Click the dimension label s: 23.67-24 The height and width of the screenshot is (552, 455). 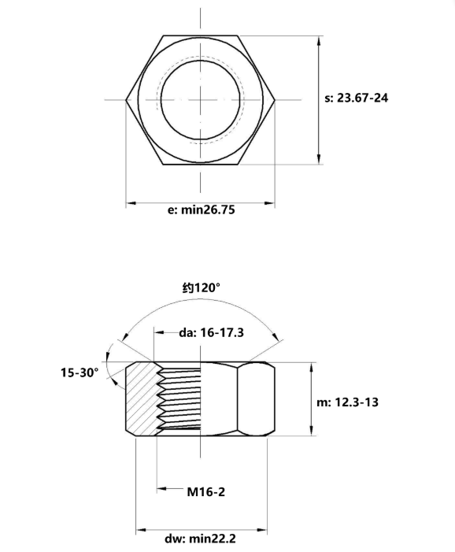356,98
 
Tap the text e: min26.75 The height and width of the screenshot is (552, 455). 202,210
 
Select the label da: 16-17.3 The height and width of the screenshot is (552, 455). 211,332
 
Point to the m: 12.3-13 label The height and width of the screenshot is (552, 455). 347,402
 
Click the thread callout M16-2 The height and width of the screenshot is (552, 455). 206,492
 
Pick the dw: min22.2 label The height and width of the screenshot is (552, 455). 200,539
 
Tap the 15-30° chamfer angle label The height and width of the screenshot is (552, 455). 80,372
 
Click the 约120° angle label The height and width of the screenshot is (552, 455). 202,288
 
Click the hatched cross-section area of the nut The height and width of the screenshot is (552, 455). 142,399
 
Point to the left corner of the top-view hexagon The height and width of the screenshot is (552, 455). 126,100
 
